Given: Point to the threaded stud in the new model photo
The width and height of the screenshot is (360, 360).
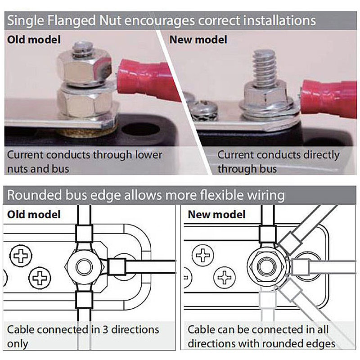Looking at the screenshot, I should point(264,67).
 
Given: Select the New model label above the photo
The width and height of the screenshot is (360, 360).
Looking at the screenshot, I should point(198,40).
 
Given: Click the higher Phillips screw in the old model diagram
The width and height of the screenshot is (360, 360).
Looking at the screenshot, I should point(21,256).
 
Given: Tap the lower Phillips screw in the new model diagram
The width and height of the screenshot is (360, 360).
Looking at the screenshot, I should point(224,277).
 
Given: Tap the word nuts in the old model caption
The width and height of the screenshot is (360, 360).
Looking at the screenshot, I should point(18,169).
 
